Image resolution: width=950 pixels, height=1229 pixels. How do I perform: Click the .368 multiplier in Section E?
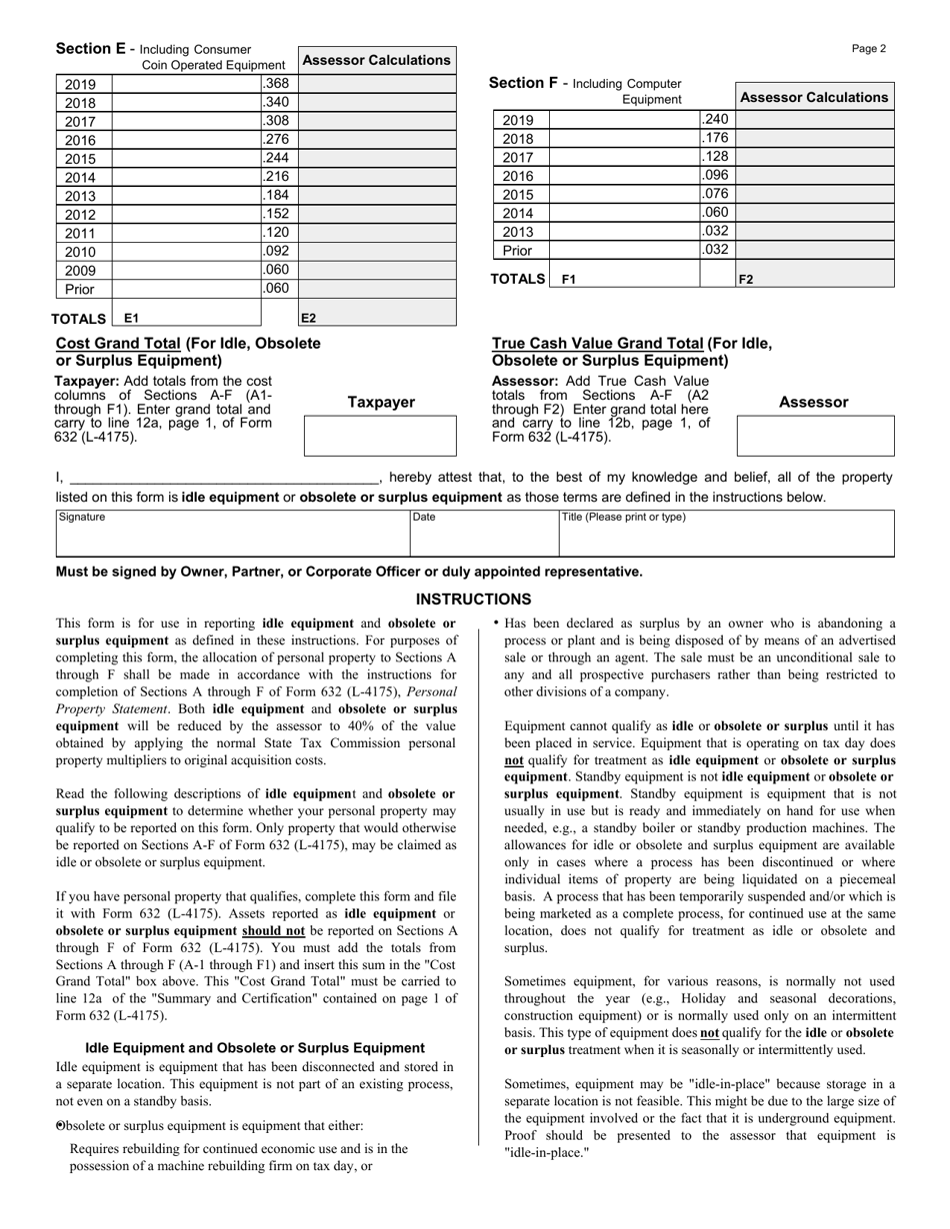click(x=276, y=84)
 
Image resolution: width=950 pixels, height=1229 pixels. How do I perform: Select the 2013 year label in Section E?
click(x=80, y=196)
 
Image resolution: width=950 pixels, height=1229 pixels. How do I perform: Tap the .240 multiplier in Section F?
click(x=716, y=120)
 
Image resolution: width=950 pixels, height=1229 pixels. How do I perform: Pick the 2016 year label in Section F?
click(x=518, y=176)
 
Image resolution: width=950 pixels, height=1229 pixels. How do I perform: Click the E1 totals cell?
click(x=187, y=318)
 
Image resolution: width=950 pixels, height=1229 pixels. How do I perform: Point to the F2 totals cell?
click(x=814, y=280)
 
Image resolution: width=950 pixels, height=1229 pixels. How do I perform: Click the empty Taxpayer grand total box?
click(x=380, y=437)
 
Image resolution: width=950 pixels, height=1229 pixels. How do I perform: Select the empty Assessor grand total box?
click(x=814, y=437)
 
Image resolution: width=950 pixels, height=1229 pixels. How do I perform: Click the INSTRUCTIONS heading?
click(x=474, y=600)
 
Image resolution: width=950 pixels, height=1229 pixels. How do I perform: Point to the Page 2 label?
click(x=868, y=48)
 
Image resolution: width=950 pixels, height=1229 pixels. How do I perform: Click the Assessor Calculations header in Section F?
click(x=814, y=98)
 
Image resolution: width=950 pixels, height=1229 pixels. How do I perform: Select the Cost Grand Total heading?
click(x=188, y=352)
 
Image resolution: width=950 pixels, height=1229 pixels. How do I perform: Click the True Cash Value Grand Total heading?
click(x=632, y=352)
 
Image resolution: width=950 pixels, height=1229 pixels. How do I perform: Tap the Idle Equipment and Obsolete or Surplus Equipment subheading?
click(x=255, y=1048)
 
